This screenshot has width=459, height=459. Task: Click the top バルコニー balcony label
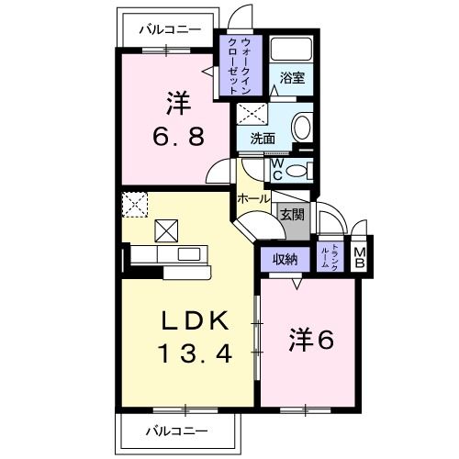coord(170,29)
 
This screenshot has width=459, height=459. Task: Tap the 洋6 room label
coord(310,340)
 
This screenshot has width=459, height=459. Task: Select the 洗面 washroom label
coord(263,139)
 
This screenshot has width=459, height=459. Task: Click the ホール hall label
coord(253,198)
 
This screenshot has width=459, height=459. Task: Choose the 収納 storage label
coord(285,260)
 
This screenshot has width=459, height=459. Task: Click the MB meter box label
coord(361,259)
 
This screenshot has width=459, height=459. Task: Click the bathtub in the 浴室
coord(294,52)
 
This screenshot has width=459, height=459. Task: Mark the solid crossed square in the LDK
coord(167,230)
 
